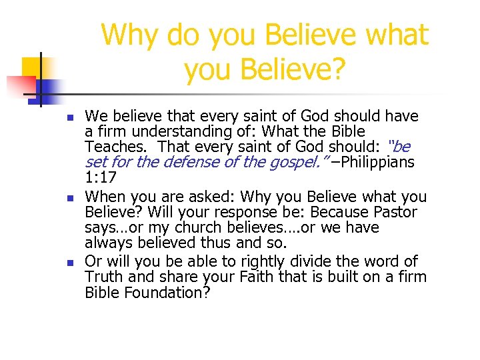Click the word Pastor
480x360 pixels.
pyautogui.click(x=393, y=213)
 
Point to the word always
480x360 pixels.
pyautogui.click(x=109, y=243)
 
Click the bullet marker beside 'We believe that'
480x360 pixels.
pyautogui.click(x=70, y=118)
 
